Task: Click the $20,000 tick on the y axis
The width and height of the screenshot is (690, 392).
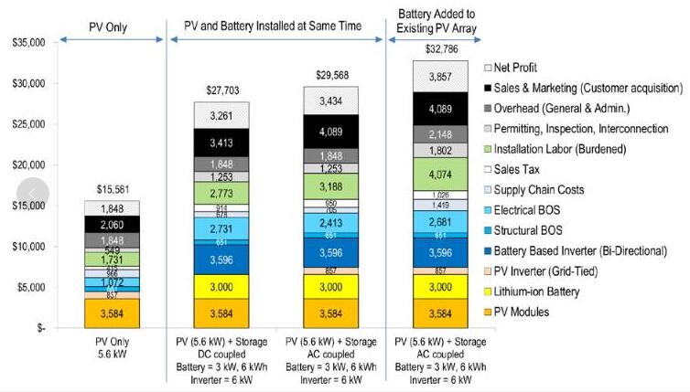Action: (27, 164)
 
